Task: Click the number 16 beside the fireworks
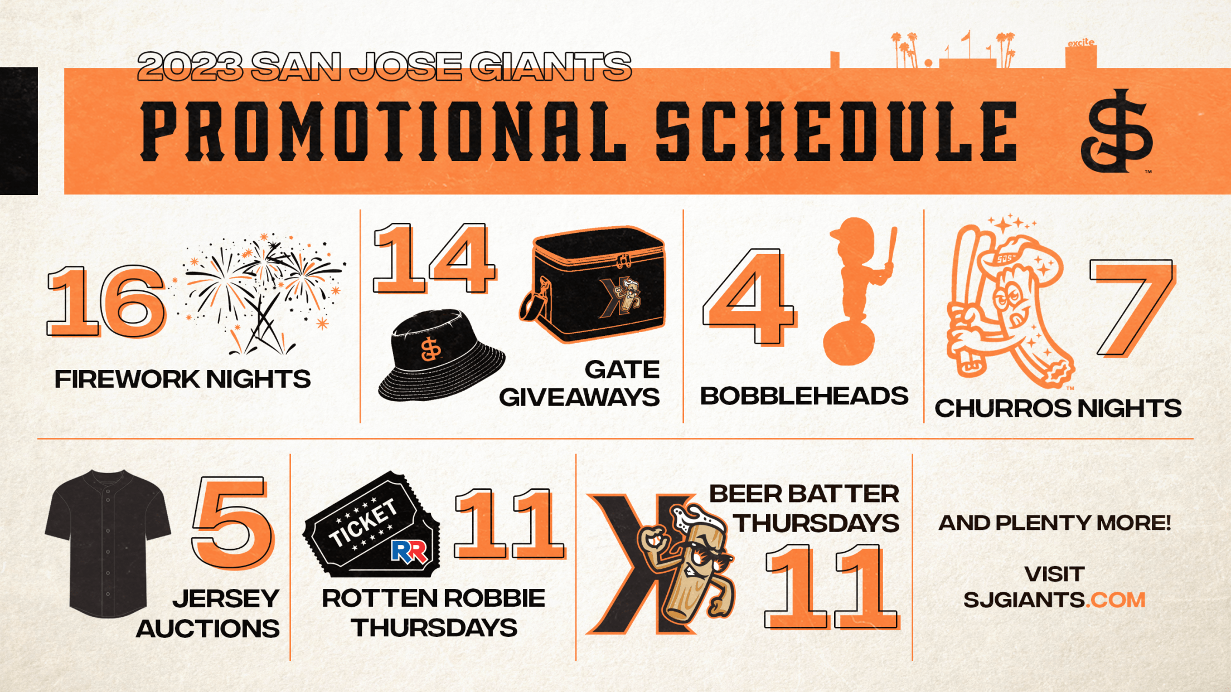(106, 301)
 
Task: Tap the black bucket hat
(441, 357)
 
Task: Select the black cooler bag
(594, 284)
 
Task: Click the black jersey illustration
(108, 544)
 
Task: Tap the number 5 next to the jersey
(232, 522)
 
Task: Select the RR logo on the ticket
(409, 552)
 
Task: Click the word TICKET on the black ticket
(364, 523)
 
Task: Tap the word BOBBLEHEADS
(804, 396)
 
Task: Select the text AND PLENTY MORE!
(1055, 523)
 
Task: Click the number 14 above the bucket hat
(434, 258)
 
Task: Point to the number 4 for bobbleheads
(749, 297)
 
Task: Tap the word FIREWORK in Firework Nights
(127, 379)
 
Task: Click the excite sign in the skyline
(1081, 43)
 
